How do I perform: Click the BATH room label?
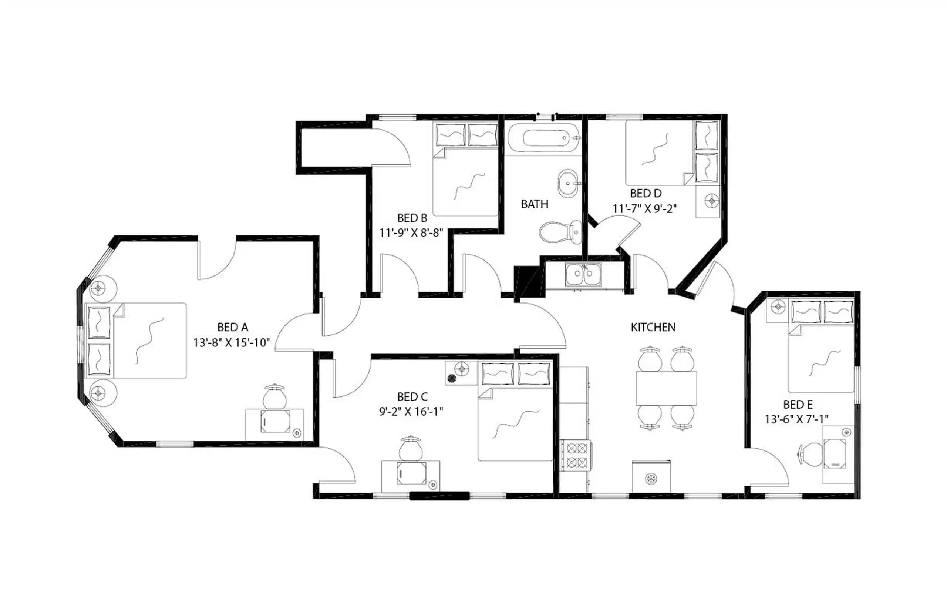[x=534, y=204]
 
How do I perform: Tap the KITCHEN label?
[x=653, y=327]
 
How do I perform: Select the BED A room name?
[x=232, y=327]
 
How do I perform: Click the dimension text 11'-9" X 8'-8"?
[x=411, y=233]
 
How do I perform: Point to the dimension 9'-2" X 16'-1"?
[x=411, y=412]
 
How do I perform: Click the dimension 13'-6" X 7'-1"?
[x=796, y=419]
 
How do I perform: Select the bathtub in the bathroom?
[x=544, y=138]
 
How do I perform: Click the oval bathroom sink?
[x=568, y=184]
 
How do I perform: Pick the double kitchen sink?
[x=583, y=275]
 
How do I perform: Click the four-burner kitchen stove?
[x=577, y=455]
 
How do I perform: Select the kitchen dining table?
[x=666, y=388]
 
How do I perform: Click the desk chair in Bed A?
[x=274, y=397]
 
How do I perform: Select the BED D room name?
[x=645, y=194]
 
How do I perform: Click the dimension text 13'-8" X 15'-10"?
[x=232, y=343]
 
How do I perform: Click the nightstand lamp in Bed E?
[x=778, y=307]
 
